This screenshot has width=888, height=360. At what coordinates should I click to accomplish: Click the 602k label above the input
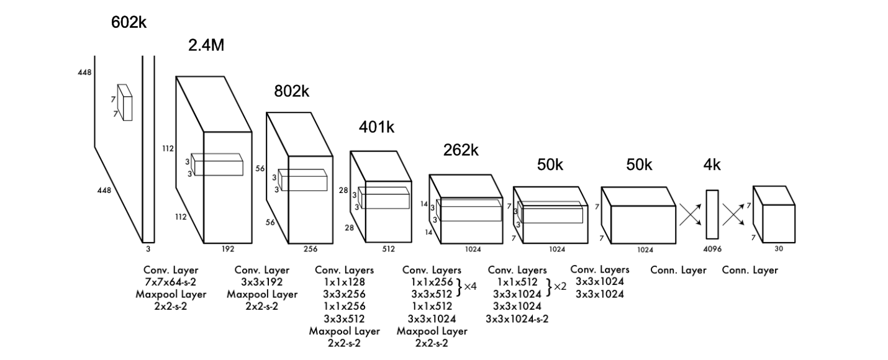[x=129, y=23]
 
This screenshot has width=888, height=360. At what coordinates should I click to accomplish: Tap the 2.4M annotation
[x=206, y=45]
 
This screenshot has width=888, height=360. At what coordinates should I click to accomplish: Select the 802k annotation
[x=291, y=91]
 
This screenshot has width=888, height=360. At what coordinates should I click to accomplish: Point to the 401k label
[x=376, y=127]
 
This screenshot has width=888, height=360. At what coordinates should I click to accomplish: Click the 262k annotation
[x=460, y=150]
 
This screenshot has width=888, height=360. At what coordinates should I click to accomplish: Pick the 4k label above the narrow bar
[x=712, y=164]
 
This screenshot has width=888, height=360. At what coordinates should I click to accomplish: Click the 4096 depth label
[x=712, y=250]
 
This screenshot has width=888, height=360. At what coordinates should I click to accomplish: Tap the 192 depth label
[x=227, y=249]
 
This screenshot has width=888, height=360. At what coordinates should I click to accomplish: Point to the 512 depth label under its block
[x=388, y=249]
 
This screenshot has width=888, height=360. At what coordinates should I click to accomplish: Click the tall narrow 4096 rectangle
[x=712, y=214]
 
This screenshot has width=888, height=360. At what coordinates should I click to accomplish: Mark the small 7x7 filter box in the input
[x=125, y=102]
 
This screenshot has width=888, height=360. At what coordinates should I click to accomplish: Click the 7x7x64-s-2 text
[x=171, y=282]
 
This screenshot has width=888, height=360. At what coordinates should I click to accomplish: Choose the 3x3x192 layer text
[x=261, y=282]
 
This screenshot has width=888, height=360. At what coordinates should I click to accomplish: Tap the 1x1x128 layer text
[x=344, y=282]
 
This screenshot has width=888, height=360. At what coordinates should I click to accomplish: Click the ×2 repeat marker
[x=560, y=287]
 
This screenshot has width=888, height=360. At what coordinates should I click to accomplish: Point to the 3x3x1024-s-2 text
[x=517, y=319]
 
